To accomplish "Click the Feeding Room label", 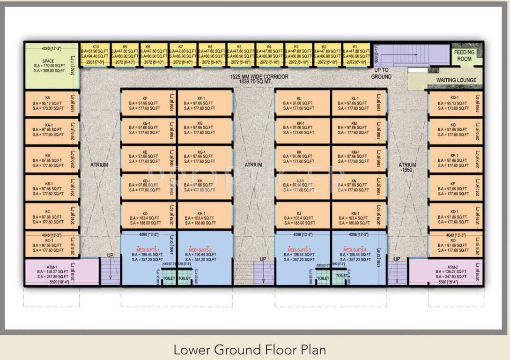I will [464, 55].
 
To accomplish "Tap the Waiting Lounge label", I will [456, 80].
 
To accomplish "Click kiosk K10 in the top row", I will [95, 54].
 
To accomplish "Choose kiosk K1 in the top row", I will [355, 54].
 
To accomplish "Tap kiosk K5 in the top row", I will [239, 54].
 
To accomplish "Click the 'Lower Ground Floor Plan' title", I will [250, 350].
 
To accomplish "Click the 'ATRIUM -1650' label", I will [407, 168].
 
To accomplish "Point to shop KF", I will [145, 103].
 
